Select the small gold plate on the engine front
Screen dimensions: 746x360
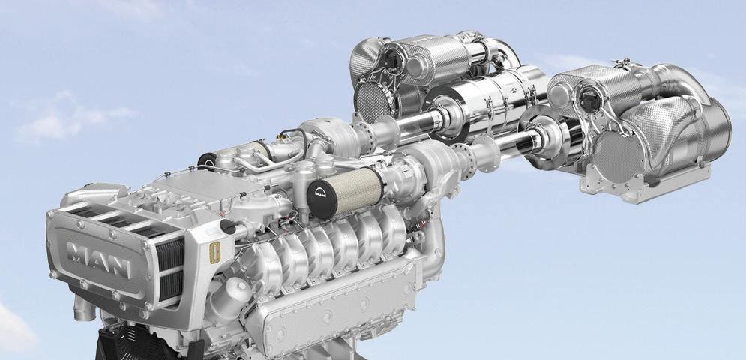(214, 253)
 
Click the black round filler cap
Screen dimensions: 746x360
(228, 226)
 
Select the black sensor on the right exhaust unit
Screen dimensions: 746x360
(590, 100)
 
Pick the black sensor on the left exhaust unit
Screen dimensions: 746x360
(393, 60)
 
